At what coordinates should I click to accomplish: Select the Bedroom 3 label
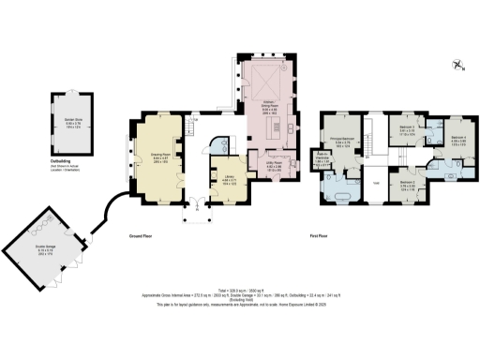pos(408,129)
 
